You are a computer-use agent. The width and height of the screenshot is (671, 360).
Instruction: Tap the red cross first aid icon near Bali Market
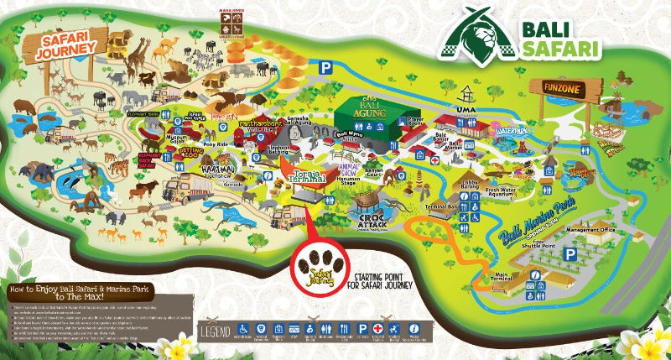[x=436, y=156]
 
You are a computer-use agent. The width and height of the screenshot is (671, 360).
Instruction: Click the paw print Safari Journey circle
[x=321, y=267]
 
